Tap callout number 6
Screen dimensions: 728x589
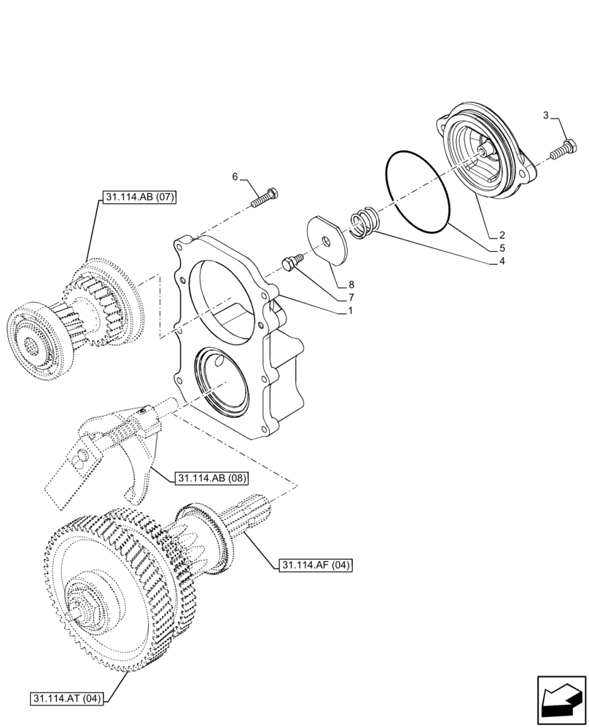pos(235,177)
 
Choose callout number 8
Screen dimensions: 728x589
pos(351,285)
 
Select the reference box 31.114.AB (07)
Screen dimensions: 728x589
pos(136,197)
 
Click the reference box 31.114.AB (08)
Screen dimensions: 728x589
pos(211,479)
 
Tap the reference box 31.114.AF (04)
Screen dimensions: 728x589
pos(315,564)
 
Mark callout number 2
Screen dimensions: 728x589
pos(503,235)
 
